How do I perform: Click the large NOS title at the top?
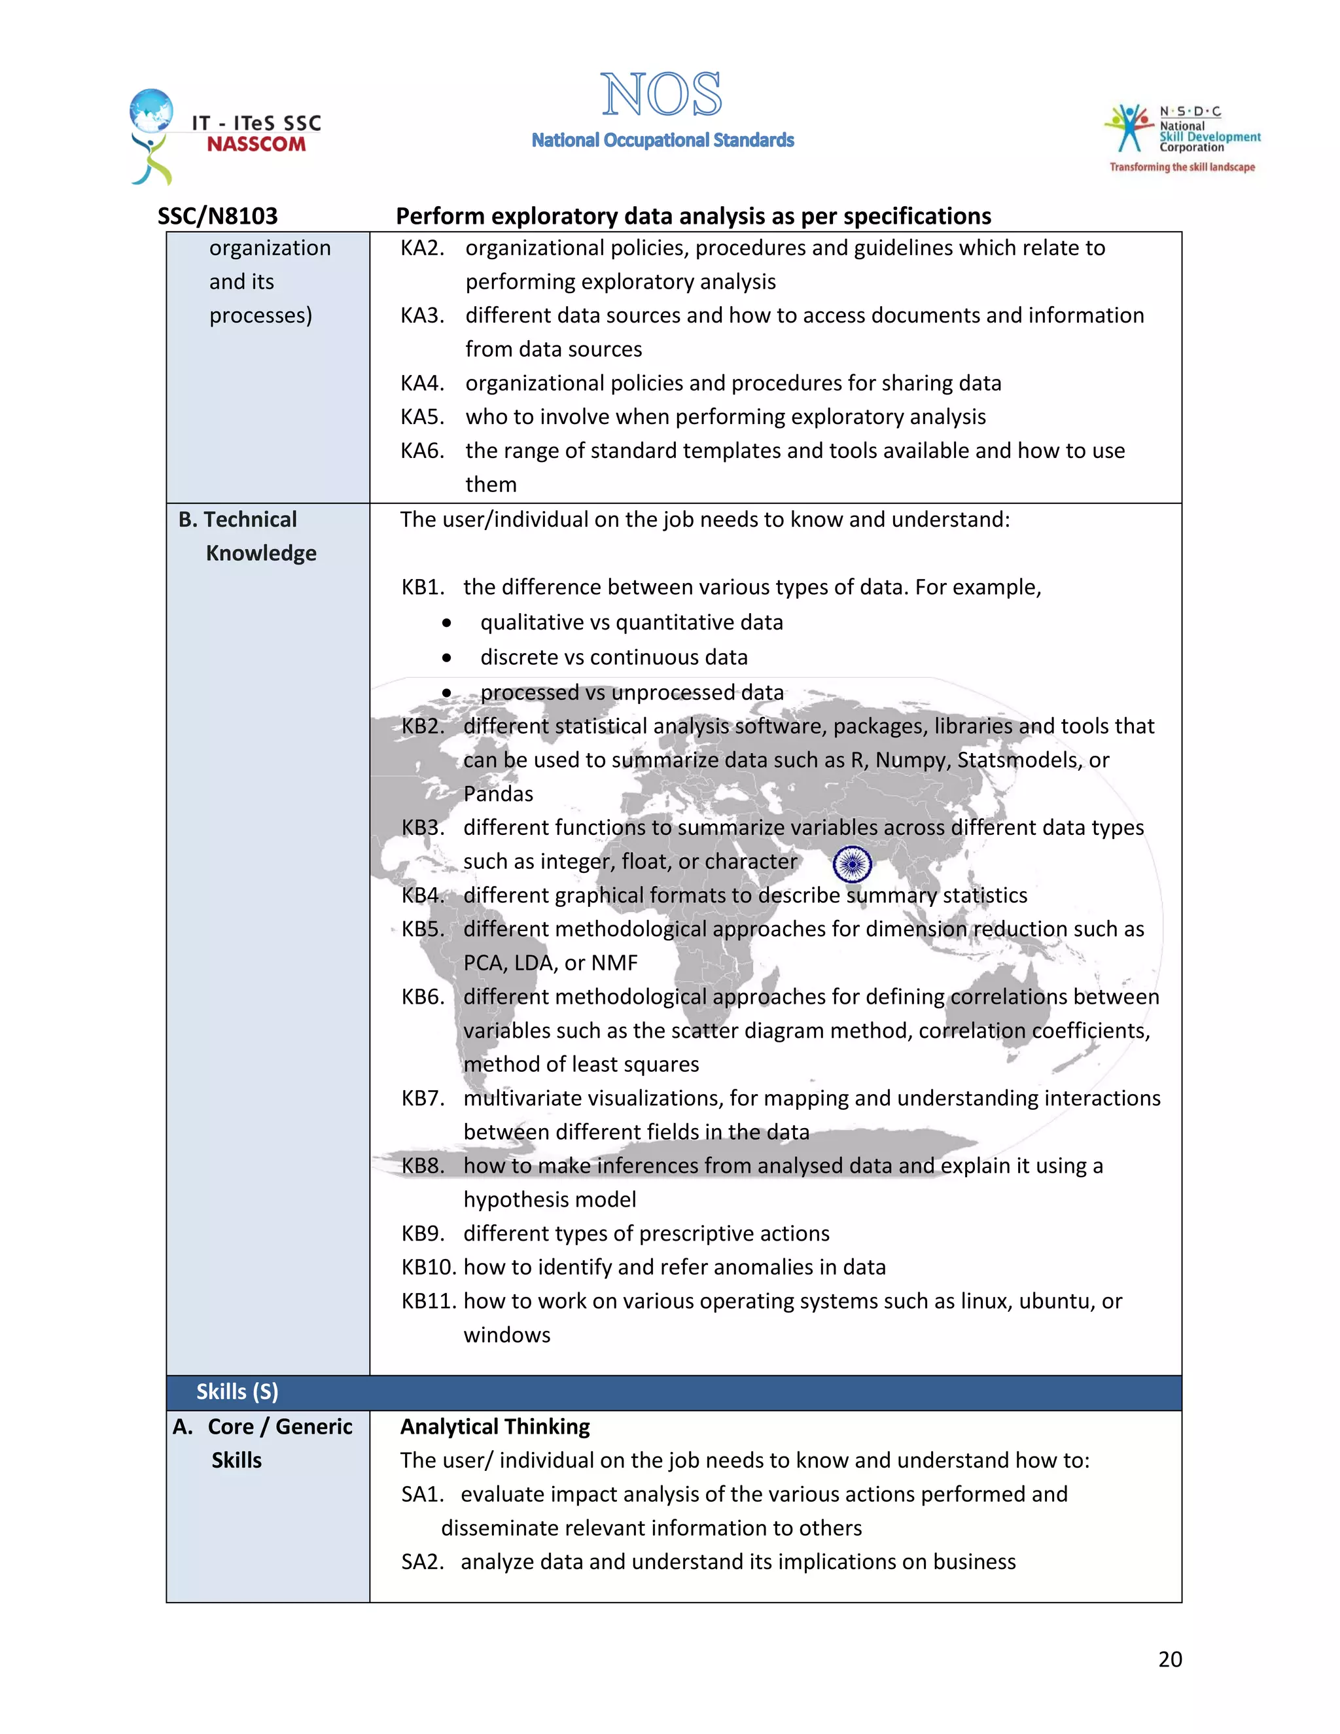[x=661, y=96]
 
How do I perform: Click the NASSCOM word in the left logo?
[x=256, y=145]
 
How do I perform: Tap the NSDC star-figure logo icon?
[x=1128, y=127]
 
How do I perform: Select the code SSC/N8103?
[x=217, y=216]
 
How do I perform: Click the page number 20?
[x=1169, y=1659]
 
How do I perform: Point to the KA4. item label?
[x=421, y=383]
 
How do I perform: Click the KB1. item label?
[x=422, y=588]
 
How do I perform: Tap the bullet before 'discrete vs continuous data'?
[x=447, y=658]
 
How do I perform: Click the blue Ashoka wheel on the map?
[x=853, y=864]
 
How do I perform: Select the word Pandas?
[x=498, y=794]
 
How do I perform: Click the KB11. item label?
[x=429, y=1301]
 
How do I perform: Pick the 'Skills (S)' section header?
[x=238, y=1392]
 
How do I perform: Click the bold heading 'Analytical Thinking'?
[x=495, y=1426]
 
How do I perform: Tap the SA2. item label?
[x=421, y=1562]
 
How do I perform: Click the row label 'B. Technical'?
[x=238, y=520]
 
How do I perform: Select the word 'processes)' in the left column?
[x=260, y=316]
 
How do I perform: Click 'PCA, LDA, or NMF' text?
[x=550, y=963]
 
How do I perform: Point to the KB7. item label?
[x=422, y=1098]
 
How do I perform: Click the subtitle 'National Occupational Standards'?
[x=662, y=141]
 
